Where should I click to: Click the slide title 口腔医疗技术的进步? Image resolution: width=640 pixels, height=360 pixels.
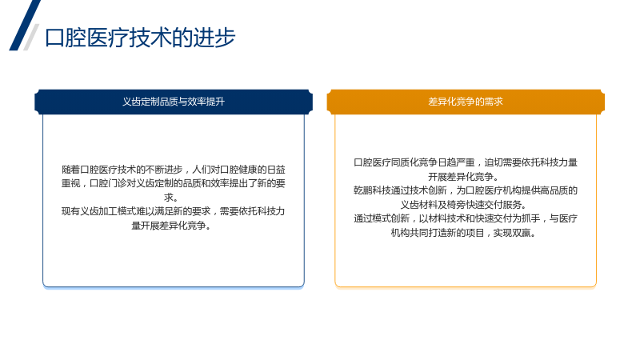[140, 38]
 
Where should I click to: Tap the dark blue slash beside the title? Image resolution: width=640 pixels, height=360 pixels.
[25, 26]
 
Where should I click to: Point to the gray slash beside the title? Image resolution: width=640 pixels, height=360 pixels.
[31, 37]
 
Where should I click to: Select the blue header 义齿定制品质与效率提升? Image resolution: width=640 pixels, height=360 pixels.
[174, 102]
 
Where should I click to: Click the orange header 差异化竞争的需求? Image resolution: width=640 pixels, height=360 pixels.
[466, 102]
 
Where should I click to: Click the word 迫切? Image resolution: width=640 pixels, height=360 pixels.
[494, 162]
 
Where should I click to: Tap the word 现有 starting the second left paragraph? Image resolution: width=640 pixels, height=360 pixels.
[70, 211]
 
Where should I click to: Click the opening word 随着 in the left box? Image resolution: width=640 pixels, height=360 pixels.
[70, 170]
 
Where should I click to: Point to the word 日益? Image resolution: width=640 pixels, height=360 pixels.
[275, 170]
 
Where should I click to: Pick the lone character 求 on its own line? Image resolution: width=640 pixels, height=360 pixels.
[169, 198]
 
